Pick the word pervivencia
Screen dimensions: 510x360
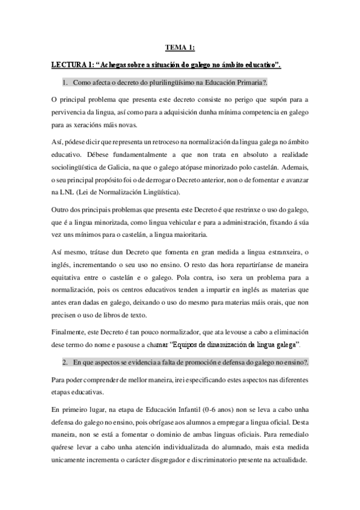(x=71, y=112)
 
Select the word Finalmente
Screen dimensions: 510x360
(x=69, y=332)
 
